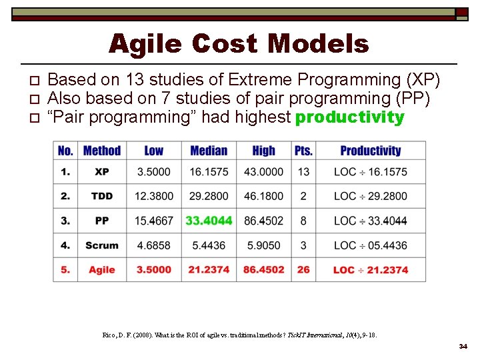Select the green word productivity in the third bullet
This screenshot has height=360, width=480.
coord(349,118)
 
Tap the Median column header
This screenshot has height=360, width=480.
coord(209,151)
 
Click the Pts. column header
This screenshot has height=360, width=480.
coord(303,151)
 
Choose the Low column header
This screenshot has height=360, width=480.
coord(153,151)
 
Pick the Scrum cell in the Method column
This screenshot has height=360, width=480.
coord(101,245)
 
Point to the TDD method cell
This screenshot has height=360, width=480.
coord(101,196)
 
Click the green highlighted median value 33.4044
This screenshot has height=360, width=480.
coord(209,221)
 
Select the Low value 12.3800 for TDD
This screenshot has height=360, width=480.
coord(153,196)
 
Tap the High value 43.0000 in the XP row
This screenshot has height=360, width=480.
coord(264,172)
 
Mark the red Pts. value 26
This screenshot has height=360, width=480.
coord(303,270)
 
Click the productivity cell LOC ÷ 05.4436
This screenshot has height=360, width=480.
coord(370,245)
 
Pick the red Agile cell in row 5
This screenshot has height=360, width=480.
coord(101,270)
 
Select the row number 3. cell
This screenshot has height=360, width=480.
coord(65,221)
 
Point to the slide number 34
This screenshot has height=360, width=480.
coord(463,347)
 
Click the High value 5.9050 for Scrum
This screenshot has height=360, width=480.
coord(264,245)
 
